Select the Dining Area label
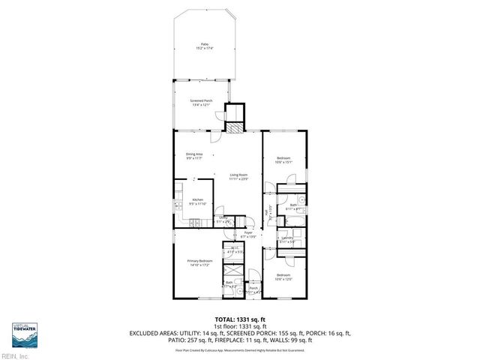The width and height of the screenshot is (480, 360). click(195, 155)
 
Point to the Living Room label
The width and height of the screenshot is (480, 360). click(238, 177)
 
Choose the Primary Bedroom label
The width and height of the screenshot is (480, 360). click(200, 262)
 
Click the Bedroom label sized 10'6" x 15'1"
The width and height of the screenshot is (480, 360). click(283, 159)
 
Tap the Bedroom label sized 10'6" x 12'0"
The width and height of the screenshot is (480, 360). click(283, 277)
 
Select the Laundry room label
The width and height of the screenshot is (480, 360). click(286, 240)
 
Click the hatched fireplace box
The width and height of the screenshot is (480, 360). click(235, 128)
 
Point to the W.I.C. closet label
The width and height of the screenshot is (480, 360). click(234, 250)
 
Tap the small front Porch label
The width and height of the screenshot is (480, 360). click(253, 289)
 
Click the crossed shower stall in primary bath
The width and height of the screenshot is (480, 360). click(235, 268)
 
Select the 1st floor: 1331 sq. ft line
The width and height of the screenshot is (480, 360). click(239, 326)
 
